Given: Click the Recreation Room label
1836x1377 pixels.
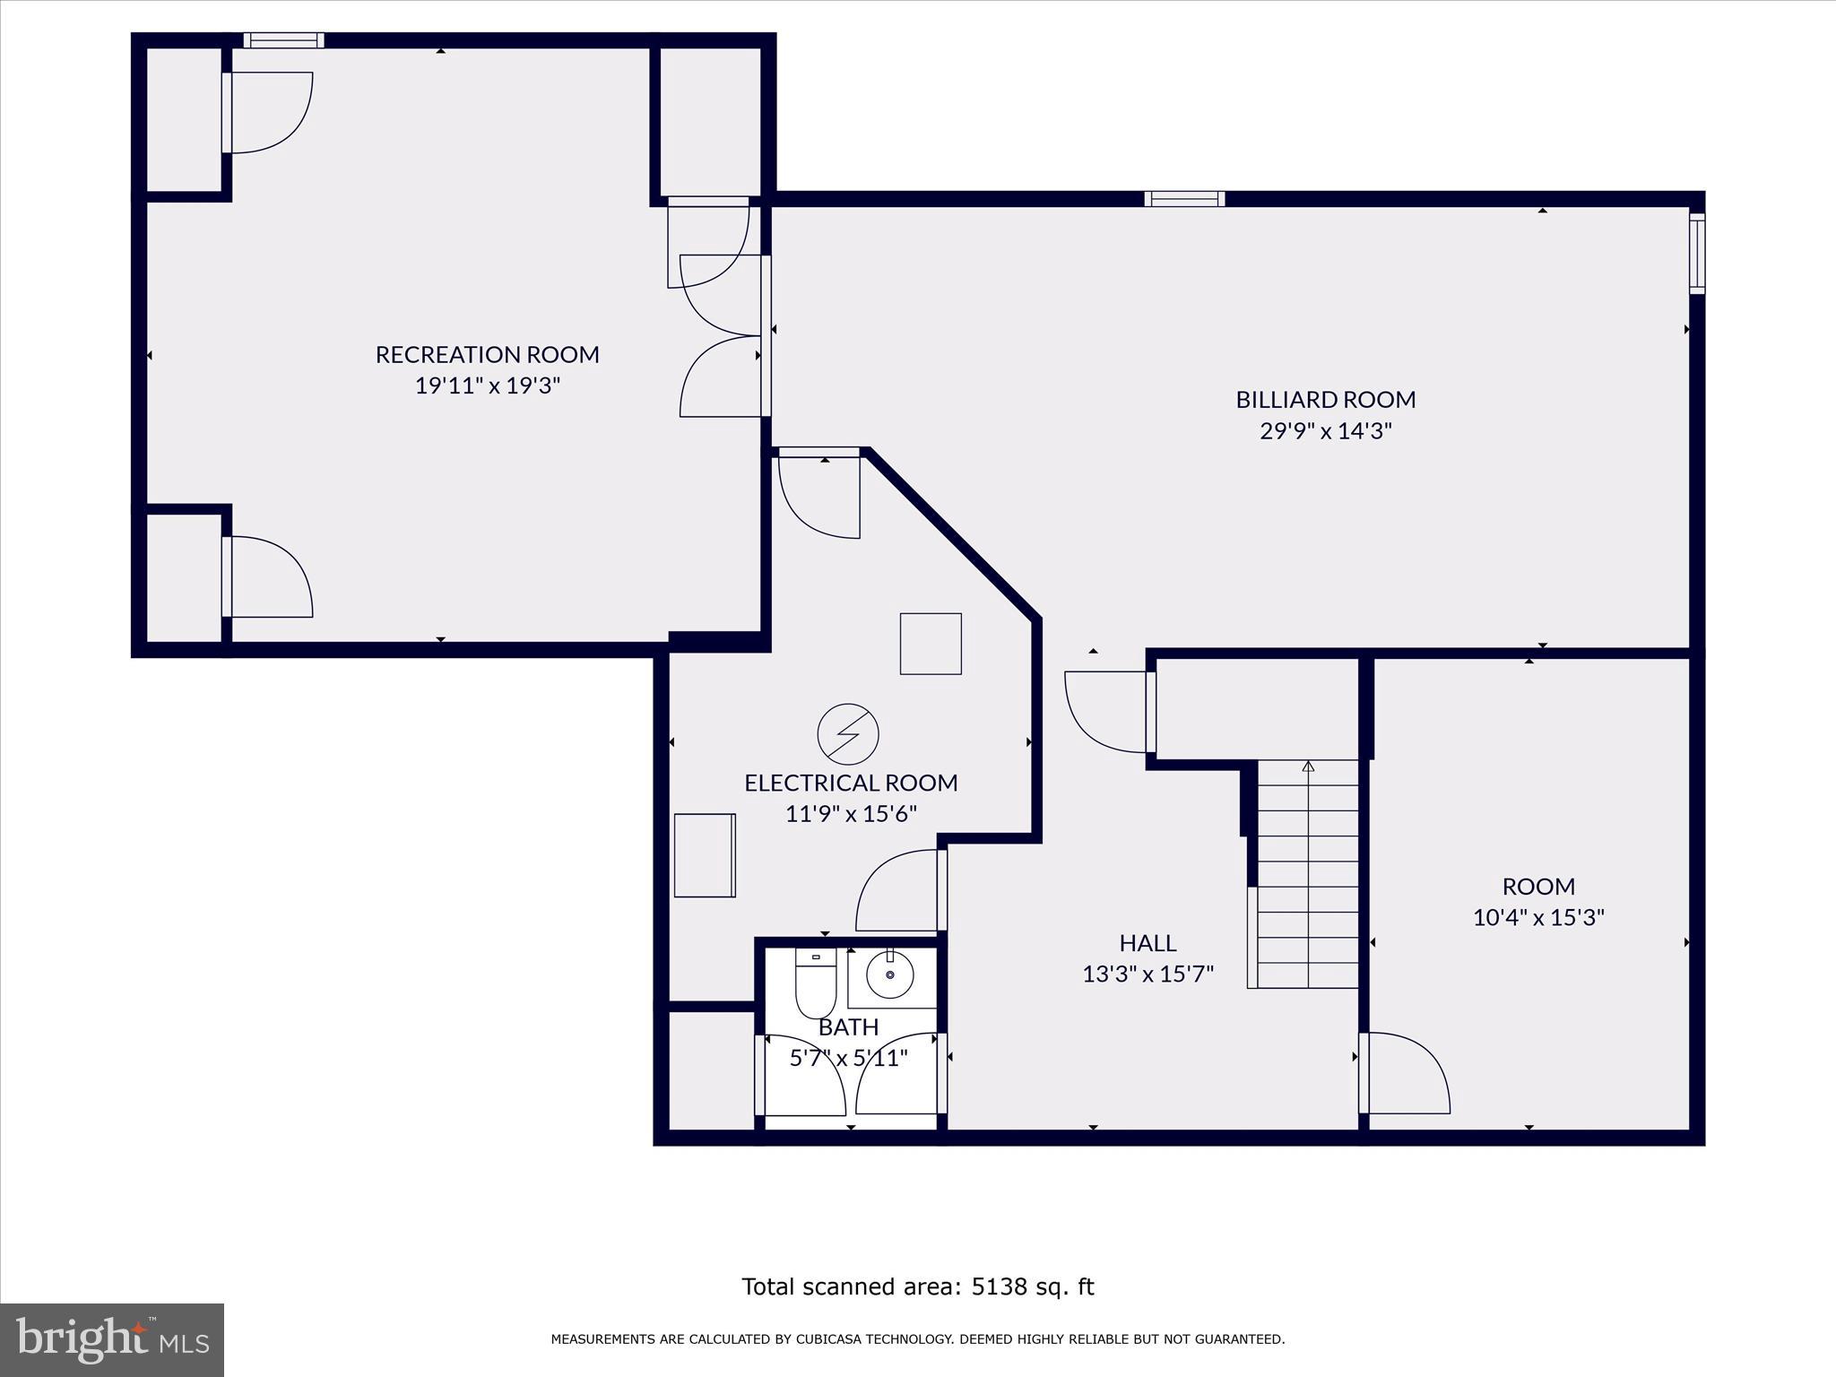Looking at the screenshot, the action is pyautogui.click(x=487, y=355).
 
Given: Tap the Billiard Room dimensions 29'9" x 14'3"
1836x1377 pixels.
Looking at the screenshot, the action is pyautogui.click(x=1326, y=431).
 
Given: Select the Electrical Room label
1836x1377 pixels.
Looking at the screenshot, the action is pyautogui.click(x=851, y=783).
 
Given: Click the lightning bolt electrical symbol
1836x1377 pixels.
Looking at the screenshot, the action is pyautogui.click(x=848, y=734).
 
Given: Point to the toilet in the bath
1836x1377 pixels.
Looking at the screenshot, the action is pyautogui.click(x=816, y=983).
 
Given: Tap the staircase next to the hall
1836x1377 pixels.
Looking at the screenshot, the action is pyautogui.click(x=1308, y=874).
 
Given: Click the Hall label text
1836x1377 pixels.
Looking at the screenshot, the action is pyautogui.click(x=1147, y=943).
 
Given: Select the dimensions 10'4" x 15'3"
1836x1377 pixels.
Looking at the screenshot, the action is pyautogui.click(x=1538, y=918).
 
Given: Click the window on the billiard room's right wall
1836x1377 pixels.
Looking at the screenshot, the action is pyautogui.click(x=1697, y=253).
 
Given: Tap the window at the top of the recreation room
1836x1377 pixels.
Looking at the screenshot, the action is pyautogui.click(x=283, y=40).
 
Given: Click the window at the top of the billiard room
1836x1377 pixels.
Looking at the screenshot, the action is pyautogui.click(x=1184, y=199).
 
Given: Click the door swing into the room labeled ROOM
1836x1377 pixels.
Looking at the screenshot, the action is pyautogui.click(x=1405, y=1073).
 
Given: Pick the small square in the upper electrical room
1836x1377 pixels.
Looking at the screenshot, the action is pyautogui.click(x=931, y=644).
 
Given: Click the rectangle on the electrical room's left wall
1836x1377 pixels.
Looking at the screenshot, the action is pyautogui.click(x=705, y=855).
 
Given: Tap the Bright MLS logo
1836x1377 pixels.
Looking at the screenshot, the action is pyautogui.click(x=112, y=1340).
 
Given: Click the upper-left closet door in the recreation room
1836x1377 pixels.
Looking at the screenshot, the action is pyautogui.click(x=267, y=113).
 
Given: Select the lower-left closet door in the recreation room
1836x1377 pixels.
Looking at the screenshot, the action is pyautogui.click(x=267, y=576).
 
